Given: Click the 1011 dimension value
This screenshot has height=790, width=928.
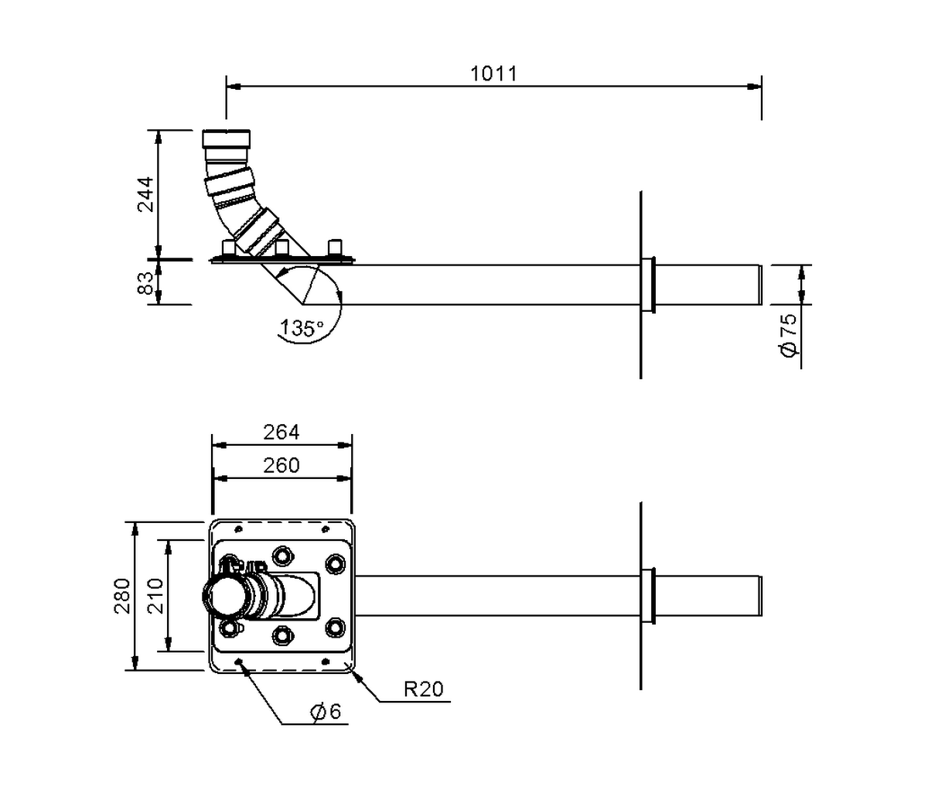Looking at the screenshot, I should pyautogui.click(x=493, y=74).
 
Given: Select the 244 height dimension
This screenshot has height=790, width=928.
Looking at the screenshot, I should pyautogui.click(x=145, y=193).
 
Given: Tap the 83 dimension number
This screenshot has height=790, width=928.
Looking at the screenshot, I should pyautogui.click(x=145, y=282).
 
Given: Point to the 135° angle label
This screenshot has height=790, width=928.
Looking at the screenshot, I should pyautogui.click(x=302, y=328).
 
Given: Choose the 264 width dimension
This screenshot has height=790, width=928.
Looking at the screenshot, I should pyautogui.click(x=281, y=432).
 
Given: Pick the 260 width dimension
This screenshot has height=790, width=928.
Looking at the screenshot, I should pyautogui.click(x=281, y=465).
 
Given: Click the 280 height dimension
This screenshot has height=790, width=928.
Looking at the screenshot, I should pyautogui.click(x=123, y=596).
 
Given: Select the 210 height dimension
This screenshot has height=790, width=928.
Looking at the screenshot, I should pyautogui.click(x=155, y=596).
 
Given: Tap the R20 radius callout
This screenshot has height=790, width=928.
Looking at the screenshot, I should pyautogui.click(x=425, y=689).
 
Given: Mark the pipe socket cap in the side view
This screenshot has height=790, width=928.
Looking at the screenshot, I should pyautogui.click(x=227, y=140).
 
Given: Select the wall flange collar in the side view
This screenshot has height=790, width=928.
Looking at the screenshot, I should pyautogui.click(x=648, y=286).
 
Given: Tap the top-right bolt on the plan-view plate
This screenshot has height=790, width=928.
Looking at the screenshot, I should pyautogui.click(x=335, y=563).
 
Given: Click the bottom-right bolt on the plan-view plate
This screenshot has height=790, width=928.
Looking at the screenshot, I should pyautogui.click(x=335, y=628).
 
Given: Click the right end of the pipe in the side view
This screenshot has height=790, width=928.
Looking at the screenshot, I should pyautogui.click(x=759, y=286).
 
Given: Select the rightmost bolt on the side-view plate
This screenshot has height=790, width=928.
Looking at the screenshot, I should pyautogui.click(x=335, y=248).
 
